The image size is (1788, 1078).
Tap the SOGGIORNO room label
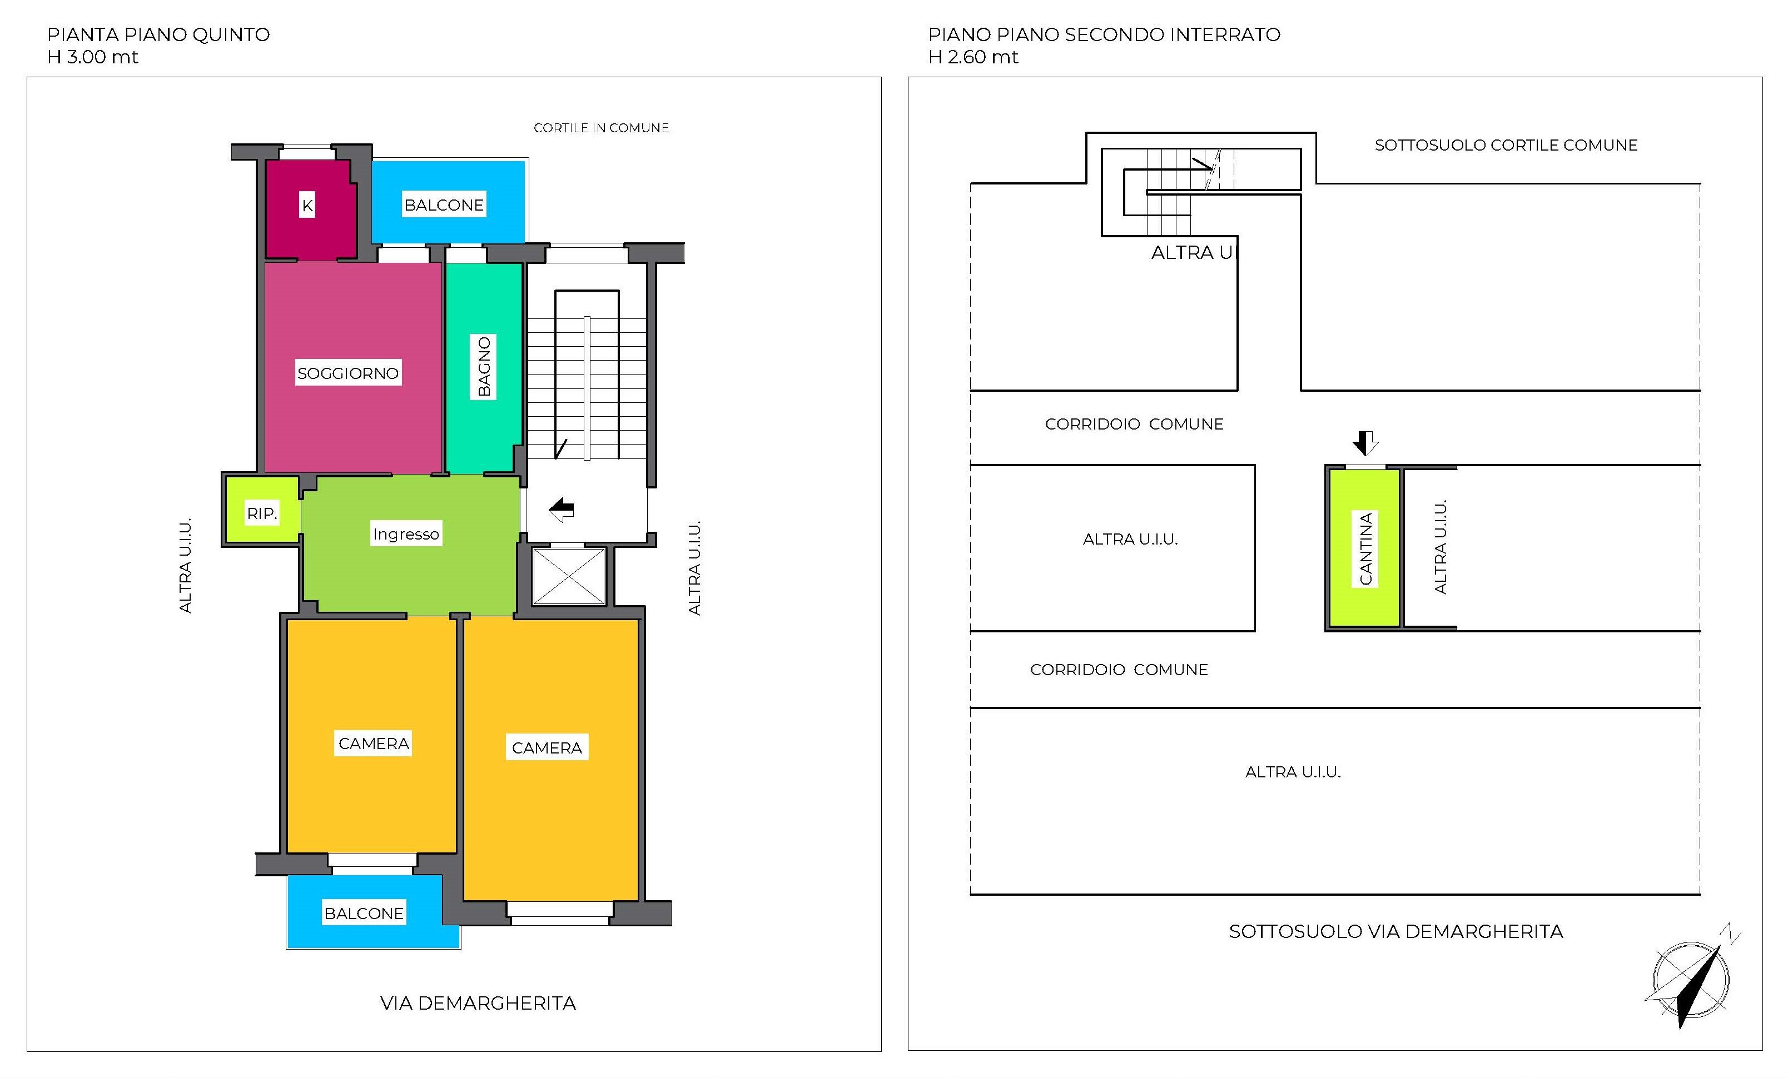(x=348, y=373)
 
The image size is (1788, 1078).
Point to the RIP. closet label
(x=262, y=513)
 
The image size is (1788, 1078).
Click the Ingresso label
(x=406, y=534)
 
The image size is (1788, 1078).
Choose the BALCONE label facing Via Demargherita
(x=364, y=914)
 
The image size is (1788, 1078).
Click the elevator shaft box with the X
(x=569, y=576)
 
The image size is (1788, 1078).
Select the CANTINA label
(x=1365, y=548)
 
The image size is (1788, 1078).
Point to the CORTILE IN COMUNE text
(x=602, y=128)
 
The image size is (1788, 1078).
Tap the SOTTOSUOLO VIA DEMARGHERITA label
(x=1396, y=931)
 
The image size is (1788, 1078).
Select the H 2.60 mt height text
(x=973, y=57)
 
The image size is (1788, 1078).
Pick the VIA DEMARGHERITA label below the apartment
(x=478, y=1004)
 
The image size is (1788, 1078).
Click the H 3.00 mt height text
(x=92, y=57)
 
